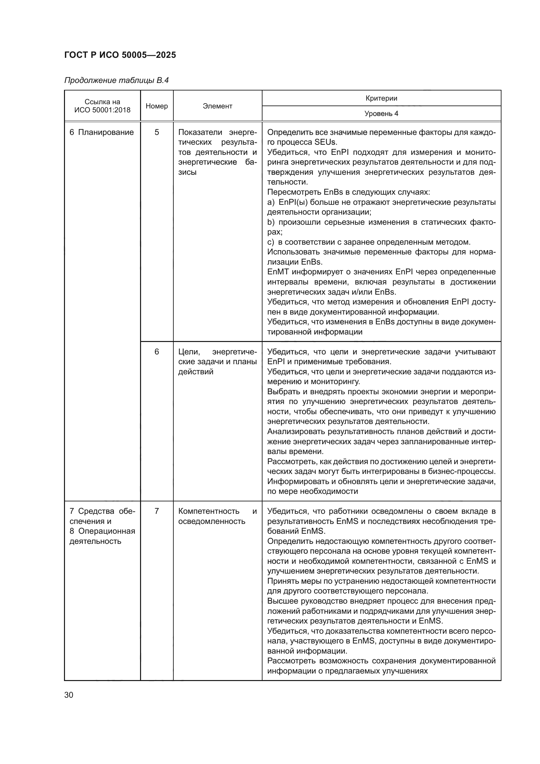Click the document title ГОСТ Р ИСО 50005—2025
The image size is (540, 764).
120,55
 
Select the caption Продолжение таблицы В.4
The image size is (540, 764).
116,81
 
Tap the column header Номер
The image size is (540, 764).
157,106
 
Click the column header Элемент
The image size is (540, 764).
217,106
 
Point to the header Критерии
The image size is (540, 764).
381,98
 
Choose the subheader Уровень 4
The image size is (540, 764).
381,113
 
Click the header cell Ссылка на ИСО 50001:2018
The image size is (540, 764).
103,106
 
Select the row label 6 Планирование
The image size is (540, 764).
102,132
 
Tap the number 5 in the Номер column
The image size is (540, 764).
157,132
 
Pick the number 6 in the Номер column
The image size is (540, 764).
157,352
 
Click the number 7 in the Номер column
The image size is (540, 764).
157,511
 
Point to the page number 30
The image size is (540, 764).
69,695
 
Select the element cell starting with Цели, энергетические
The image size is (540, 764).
217,362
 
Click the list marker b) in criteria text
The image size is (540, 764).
271,222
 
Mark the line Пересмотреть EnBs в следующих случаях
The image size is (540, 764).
348,192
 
